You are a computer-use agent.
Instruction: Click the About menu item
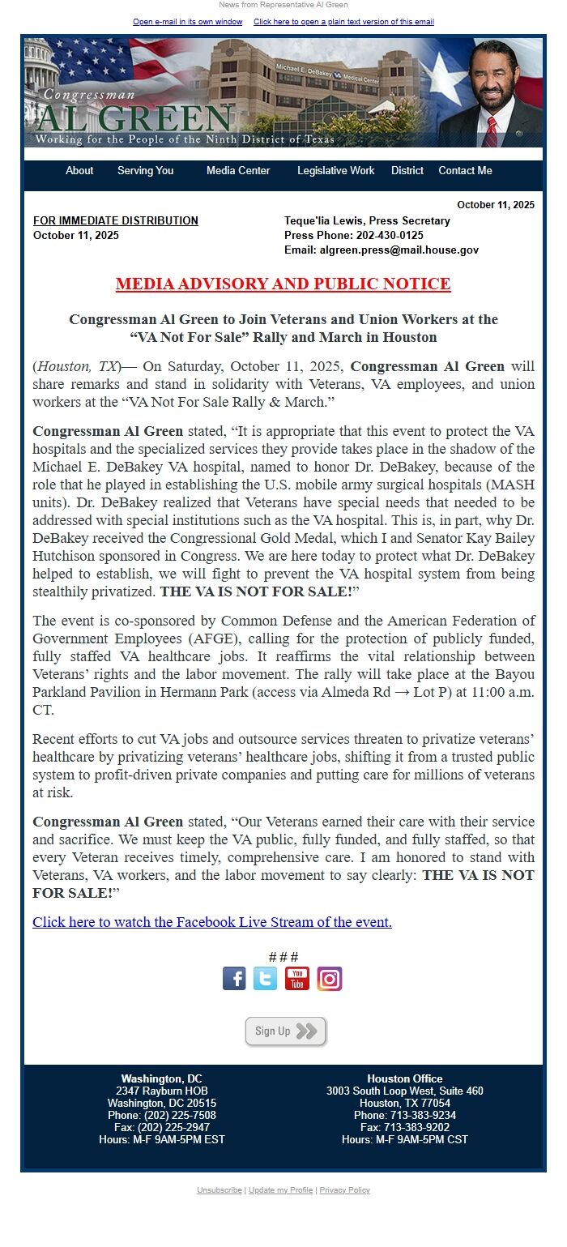coord(79,171)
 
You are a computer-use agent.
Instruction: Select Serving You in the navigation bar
coord(145,171)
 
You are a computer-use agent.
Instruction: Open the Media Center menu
coord(238,171)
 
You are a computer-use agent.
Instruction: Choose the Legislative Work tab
coord(335,171)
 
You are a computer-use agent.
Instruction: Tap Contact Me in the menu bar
coord(465,171)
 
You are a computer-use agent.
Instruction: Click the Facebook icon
coord(234,979)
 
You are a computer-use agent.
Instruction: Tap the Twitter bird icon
coord(265,979)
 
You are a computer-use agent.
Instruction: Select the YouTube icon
coord(296,979)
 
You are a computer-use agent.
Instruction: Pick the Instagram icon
coord(329,979)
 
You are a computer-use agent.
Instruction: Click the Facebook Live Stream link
coord(212,922)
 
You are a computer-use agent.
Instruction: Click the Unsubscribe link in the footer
coord(220,1190)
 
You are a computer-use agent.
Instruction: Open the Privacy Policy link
coord(344,1190)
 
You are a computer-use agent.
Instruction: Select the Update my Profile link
coord(280,1190)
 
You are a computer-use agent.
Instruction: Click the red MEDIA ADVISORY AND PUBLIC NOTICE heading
coord(283,284)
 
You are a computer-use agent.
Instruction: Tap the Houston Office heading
coord(404,1078)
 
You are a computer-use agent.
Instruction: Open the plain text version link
coord(343,22)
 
